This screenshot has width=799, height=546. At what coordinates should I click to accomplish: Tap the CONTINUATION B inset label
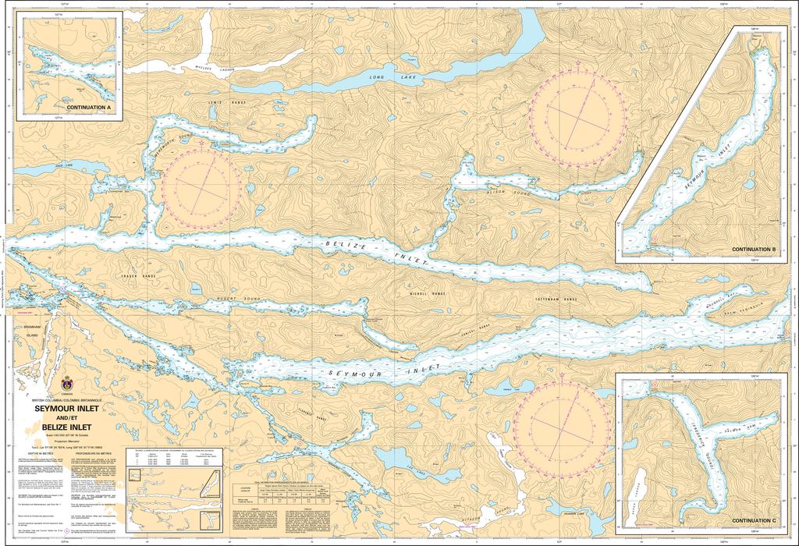(753, 249)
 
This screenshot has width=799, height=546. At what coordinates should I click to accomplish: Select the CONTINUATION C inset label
(753, 520)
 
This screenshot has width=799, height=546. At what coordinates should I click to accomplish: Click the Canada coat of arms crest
(68, 384)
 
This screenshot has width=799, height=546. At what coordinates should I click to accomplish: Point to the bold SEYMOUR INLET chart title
(66, 407)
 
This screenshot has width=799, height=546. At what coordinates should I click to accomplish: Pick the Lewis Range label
(222, 102)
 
